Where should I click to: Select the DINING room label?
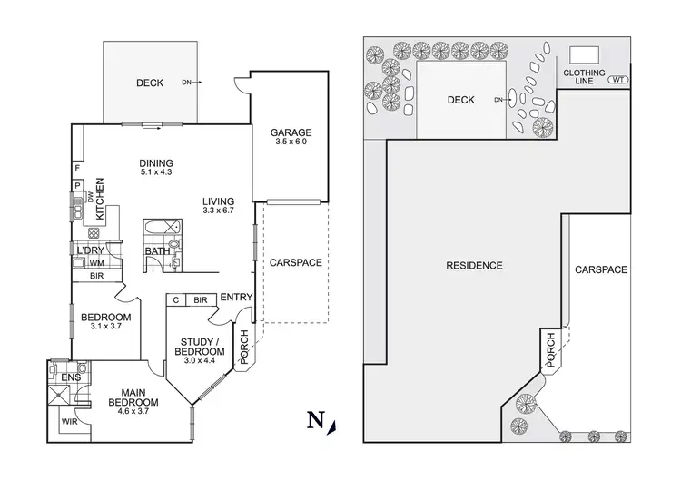pos(156,162)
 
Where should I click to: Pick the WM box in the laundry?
pos(95,263)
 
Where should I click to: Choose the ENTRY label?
pos(236,297)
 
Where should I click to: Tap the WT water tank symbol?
pos(618,80)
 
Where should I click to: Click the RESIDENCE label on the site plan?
pos(474,266)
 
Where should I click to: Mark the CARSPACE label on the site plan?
pos(599,270)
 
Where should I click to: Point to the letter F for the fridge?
pos(78,169)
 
